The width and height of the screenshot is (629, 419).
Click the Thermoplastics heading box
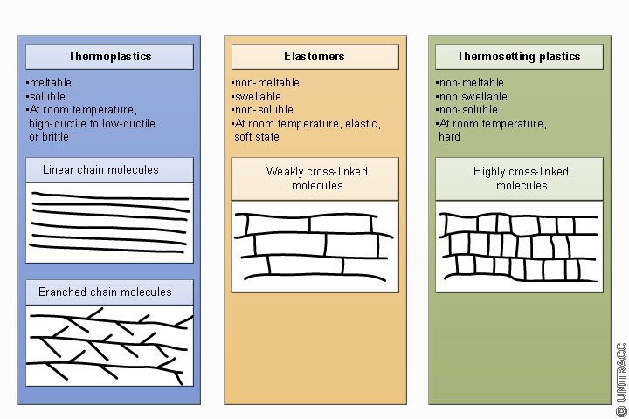[109, 57]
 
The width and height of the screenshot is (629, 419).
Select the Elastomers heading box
[314, 57]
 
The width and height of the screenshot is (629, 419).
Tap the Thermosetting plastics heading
[518, 57]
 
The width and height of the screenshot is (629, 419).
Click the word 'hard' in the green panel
[449, 137]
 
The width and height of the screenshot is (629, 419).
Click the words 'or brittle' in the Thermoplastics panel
[49, 137]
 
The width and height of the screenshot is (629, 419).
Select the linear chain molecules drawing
[109, 222]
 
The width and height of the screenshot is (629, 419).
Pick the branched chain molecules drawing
[109, 345]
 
